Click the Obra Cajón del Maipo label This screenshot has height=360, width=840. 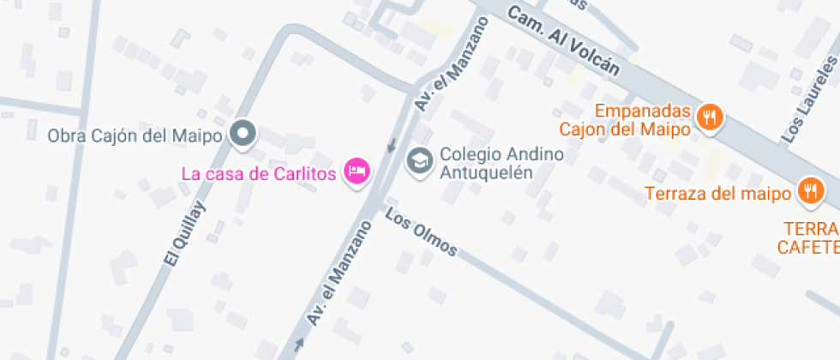pos(135,135)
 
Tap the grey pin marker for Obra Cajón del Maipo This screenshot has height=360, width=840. pos(245,134)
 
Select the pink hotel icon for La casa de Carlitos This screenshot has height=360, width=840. pos(357,171)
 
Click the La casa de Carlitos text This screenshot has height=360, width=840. pos(257,173)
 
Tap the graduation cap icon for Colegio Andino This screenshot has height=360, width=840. pos(419,160)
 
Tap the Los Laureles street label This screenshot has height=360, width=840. pos(810,100)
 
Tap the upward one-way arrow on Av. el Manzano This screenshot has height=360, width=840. pos(299,345)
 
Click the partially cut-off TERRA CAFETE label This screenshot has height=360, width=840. pos(809,238)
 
